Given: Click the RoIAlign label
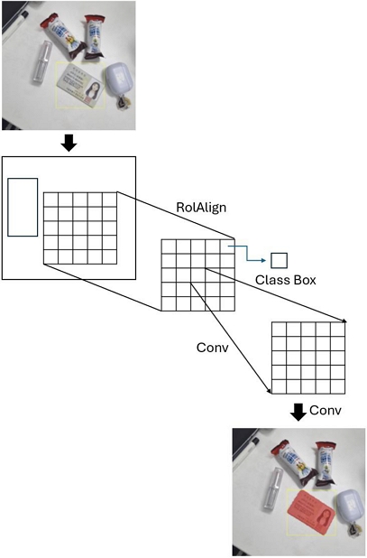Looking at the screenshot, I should [x=200, y=208].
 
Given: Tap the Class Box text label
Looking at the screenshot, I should [x=286, y=281].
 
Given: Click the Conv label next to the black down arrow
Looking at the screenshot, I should [x=326, y=411].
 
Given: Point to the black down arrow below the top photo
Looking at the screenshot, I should [x=69, y=143].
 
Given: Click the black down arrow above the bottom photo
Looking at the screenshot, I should [x=298, y=413].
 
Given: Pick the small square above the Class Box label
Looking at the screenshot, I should [x=280, y=260].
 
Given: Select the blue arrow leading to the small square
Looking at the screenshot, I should [x=244, y=252].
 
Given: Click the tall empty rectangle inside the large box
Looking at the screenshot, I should [x=23, y=207].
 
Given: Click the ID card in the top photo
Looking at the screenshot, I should [x=80, y=88].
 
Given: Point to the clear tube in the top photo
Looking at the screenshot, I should [x=41, y=64].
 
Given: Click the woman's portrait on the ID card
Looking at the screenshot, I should [x=92, y=90].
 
